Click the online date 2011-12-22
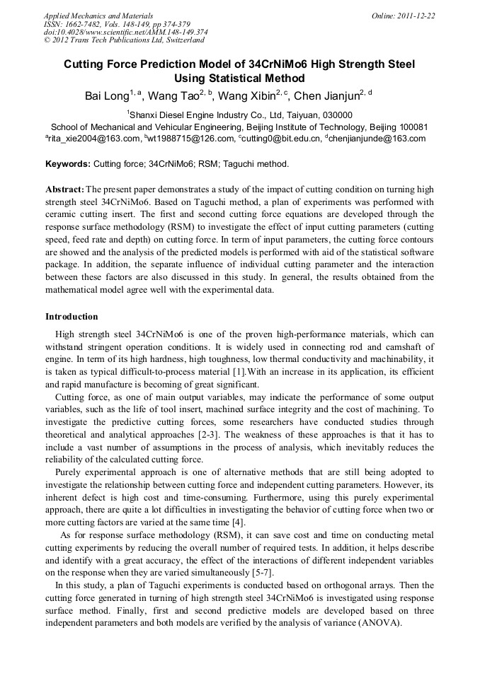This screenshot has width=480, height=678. (416, 16)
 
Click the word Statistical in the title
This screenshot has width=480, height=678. (227, 78)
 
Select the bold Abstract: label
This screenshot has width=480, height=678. (64, 190)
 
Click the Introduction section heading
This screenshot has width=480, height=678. (72, 316)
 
